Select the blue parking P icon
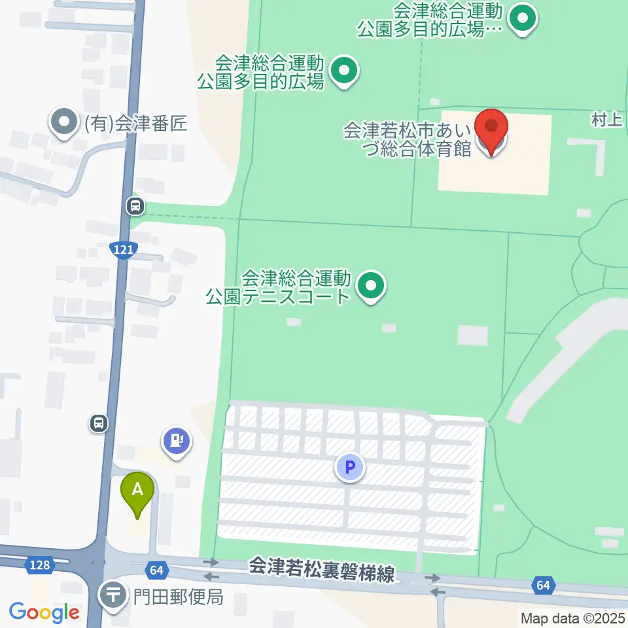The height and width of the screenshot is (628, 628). pos(350,468)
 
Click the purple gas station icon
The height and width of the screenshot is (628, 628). pos(177,439)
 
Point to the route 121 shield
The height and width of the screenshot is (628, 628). pos(122,249)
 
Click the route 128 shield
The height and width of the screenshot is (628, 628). pos(40,564)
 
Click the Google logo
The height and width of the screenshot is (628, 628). pos(44,612)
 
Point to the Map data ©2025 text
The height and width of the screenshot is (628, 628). pos(573,618)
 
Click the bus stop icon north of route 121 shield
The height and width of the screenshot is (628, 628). pos(135,207)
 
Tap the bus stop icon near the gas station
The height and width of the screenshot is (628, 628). pos(99,424)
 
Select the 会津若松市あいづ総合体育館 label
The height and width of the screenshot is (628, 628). pos(409,139)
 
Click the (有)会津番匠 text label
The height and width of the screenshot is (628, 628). pos(135,124)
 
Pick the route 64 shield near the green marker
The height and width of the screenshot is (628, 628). pos(156,570)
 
